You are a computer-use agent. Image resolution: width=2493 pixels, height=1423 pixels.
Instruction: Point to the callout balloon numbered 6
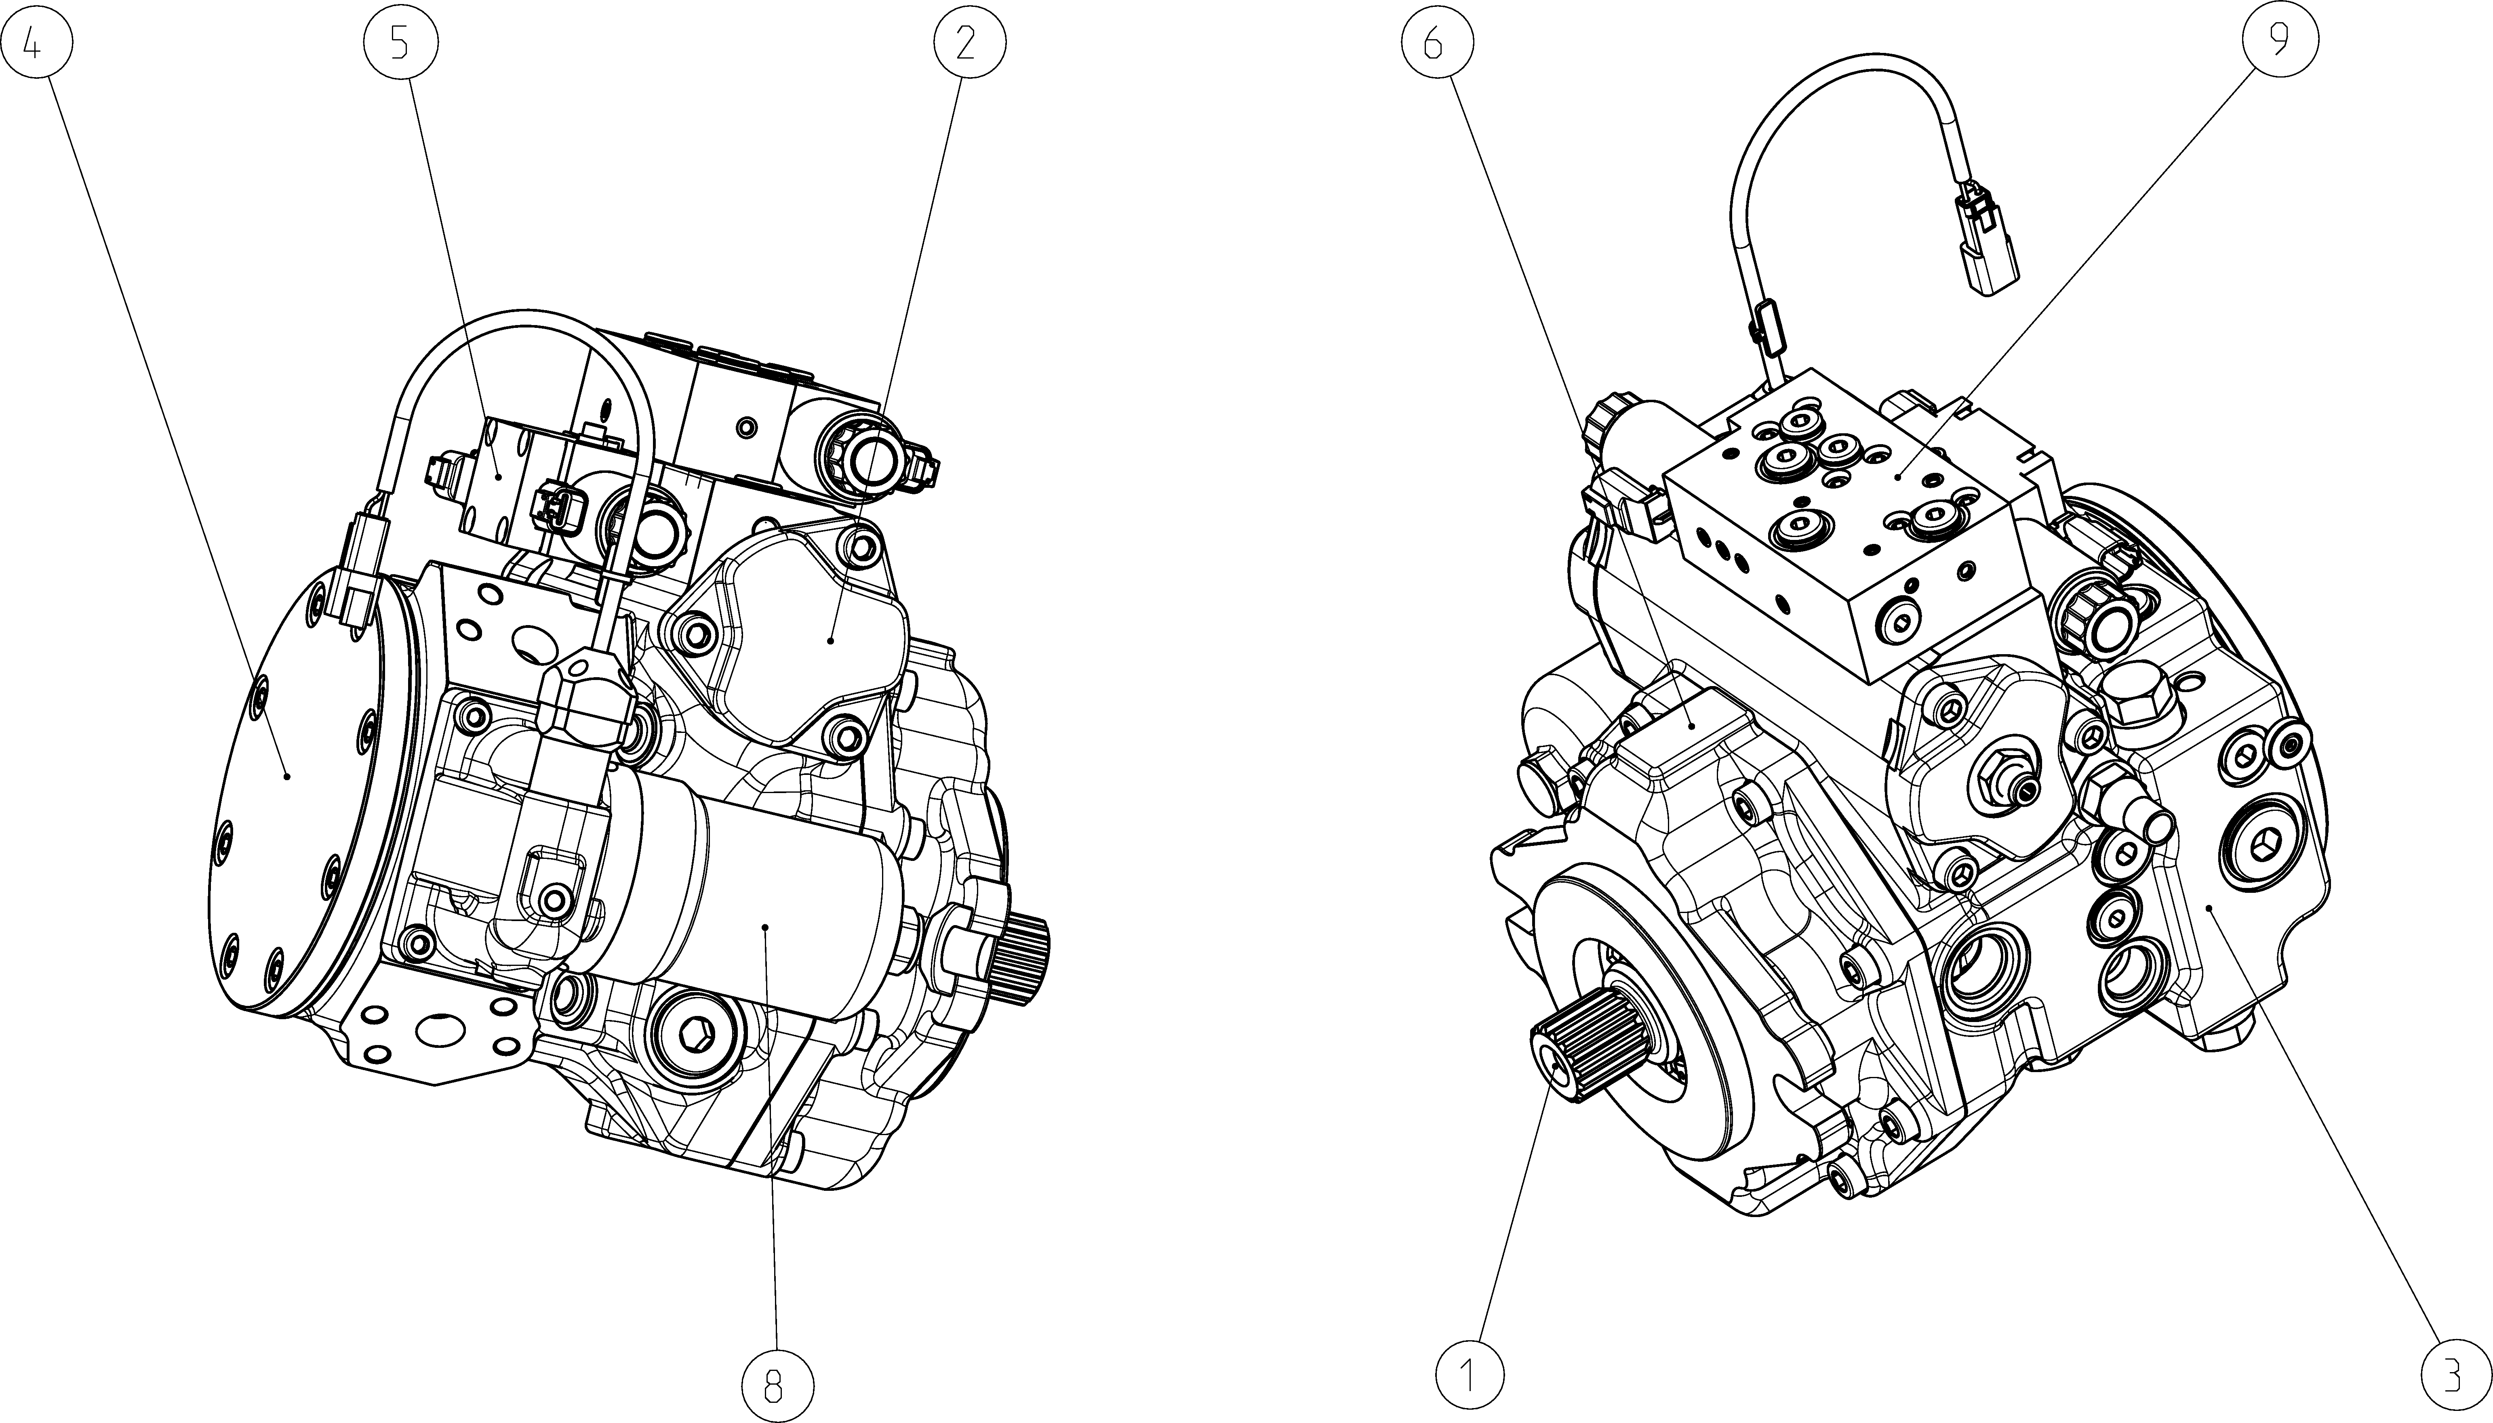[1435, 43]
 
